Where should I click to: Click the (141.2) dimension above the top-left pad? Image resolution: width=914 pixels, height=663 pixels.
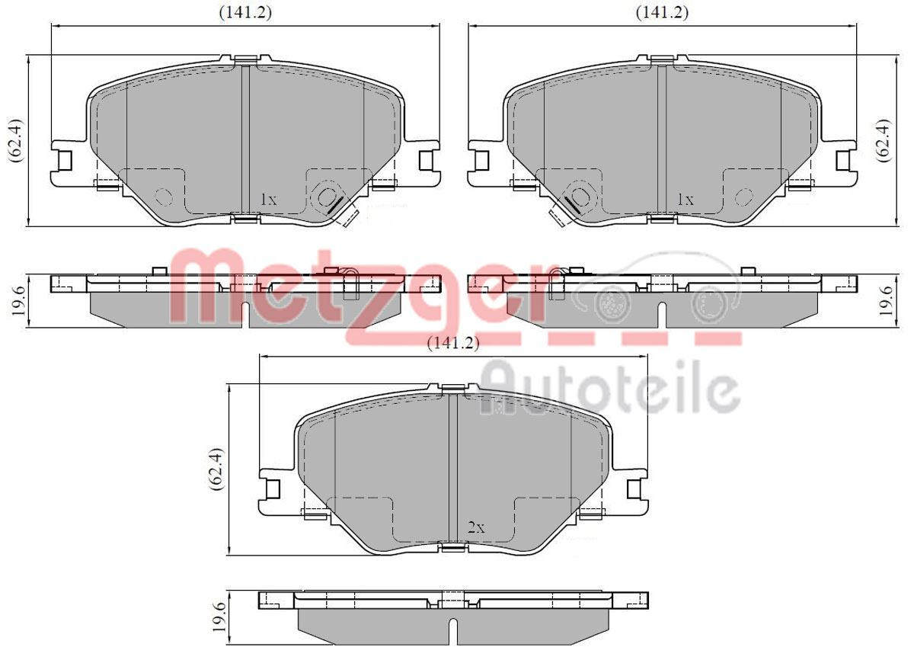[x=245, y=12]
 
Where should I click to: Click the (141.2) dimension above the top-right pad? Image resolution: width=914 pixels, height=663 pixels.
[x=662, y=12]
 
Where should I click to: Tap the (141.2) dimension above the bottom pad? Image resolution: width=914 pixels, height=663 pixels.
[x=452, y=344]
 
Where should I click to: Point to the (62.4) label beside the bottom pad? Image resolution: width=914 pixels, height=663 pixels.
[x=217, y=469]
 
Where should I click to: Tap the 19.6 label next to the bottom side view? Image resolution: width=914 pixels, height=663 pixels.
[x=220, y=615]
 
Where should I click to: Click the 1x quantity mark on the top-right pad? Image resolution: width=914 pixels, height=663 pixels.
[x=685, y=200]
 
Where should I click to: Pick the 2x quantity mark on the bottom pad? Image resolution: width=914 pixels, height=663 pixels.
[x=476, y=527]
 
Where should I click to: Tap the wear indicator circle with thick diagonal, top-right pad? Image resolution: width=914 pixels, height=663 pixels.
[x=580, y=197]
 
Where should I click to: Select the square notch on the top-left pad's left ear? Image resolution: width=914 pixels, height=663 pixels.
[x=65, y=160]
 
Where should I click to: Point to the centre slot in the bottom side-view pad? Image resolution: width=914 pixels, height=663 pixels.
[x=452, y=629]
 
